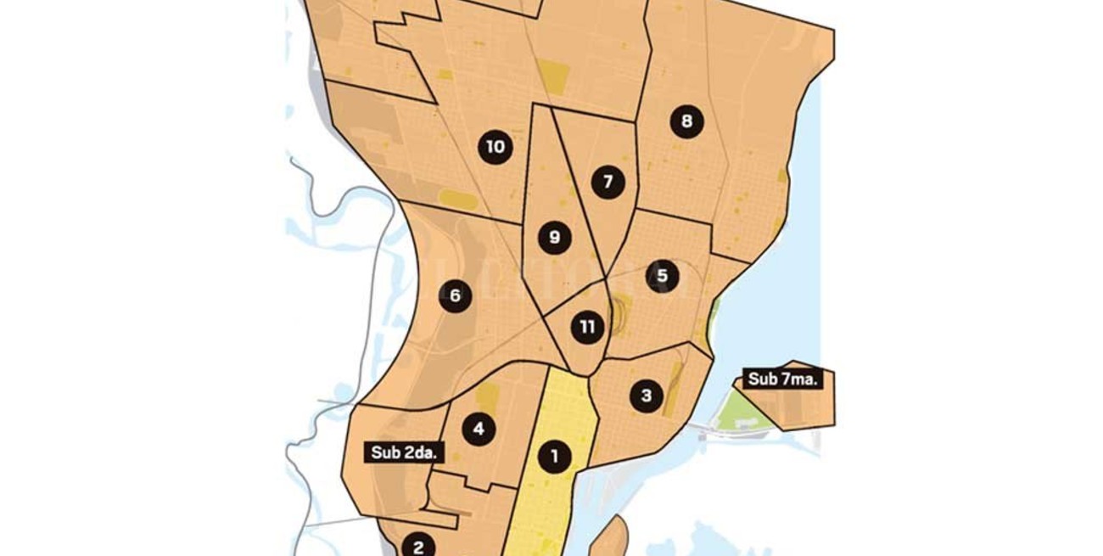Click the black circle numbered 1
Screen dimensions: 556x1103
[x=554, y=457]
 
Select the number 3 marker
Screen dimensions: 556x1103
[x=647, y=396]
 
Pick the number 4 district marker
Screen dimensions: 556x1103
[x=479, y=429]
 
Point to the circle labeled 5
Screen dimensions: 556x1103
[x=662, y=276]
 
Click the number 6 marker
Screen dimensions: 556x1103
[x=455, y=295]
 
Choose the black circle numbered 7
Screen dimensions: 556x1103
[x=607, y=182]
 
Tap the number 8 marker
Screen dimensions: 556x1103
[x=686, y=121]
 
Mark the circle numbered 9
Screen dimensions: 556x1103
[x=554, y=237]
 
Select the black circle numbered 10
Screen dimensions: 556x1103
[x=495, y=148]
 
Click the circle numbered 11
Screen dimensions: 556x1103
[x=587, y=327]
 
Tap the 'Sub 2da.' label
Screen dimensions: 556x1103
[x=404, y=452]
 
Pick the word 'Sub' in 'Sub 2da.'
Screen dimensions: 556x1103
[x=386, y=452]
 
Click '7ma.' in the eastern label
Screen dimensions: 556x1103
[x=799, y=379]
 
